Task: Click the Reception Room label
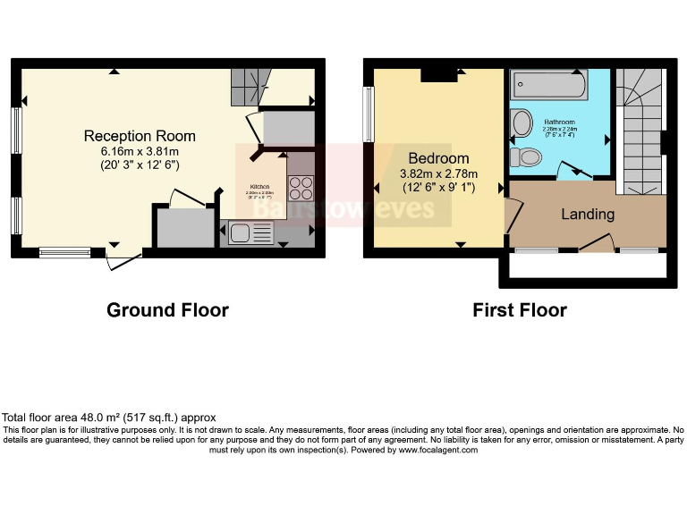[x=140, y=136]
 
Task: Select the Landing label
[x=588, y=215]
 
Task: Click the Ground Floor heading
[x=167, y=310]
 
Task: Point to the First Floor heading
[x=520, y=310]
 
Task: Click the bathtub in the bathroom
[x=547, y=86]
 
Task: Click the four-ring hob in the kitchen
[x=301, y=188]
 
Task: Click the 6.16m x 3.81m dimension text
[x=140, y=151]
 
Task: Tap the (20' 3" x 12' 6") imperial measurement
[x=140, y=165]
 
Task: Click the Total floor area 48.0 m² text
[x=109, y=418]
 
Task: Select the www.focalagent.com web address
[x=437, y=450]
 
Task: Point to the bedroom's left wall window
[x=368, y=114]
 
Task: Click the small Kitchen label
[x=259, y=188]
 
